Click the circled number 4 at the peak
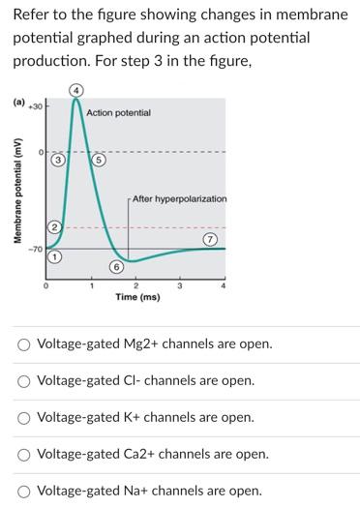[x=76, y=91]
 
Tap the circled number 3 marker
[x=58, y=160]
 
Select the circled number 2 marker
[x=55, y=226]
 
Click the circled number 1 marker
[x=55, y=258]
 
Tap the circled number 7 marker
[x=209, y=239]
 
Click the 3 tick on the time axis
[x=180, y=284]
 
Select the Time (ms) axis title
[x=137, y=297]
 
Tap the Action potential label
[x=118, y=113]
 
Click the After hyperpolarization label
[x=179, y=198]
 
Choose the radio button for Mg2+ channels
[x=22, y=344]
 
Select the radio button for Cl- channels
[x=22, y=381]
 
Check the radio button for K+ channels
[x=22, y=418]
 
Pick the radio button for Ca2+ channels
[x=22, y=454]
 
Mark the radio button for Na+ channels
[x=22, y=491]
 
